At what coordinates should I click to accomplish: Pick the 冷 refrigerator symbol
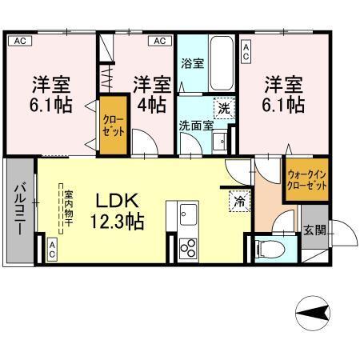tap(238, 202)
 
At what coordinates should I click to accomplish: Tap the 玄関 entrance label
tap(314, 230)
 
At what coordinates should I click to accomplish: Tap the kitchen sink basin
tap(189, 215)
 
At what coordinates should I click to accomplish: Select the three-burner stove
tap(188, 248)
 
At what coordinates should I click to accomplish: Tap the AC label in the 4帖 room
tap(160, 40)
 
